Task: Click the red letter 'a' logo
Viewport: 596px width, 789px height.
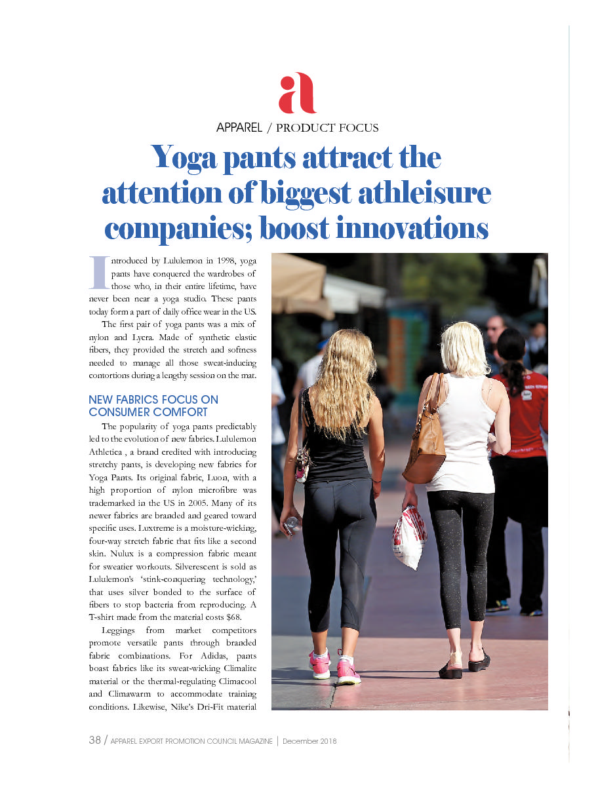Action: (297, 94)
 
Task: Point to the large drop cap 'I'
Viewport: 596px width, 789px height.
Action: (98, 272)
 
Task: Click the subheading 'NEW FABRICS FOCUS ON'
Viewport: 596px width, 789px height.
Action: (153, 400)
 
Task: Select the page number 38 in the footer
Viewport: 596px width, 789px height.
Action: (94, 741)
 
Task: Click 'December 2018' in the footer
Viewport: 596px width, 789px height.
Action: (309, 741)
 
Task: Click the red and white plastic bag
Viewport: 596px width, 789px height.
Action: (409, 537)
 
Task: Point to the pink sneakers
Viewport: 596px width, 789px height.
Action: (334, 667)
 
